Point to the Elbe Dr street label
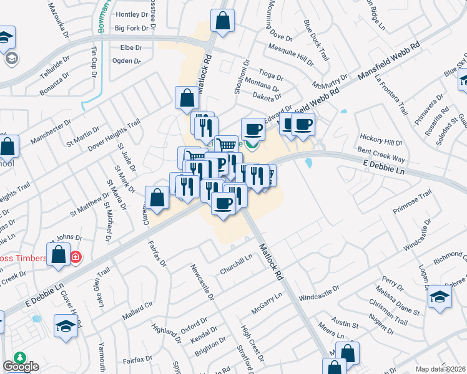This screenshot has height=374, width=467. [127, 47]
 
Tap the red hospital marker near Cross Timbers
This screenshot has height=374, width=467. [76, 257]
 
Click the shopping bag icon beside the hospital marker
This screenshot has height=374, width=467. [59, 254]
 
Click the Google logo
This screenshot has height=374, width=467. [21, 367]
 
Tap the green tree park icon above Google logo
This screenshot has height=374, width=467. [20, 357]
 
